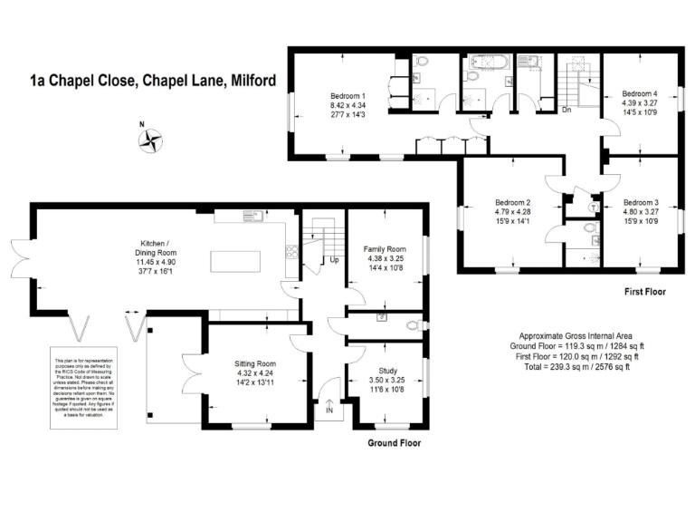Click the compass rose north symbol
tap(150, 139)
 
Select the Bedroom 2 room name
tap(512, 202)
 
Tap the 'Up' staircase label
tap(335, 259)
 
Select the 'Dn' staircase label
tap(566, 110)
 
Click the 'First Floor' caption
tap(645, 293)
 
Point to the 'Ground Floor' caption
tap(393, 444)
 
